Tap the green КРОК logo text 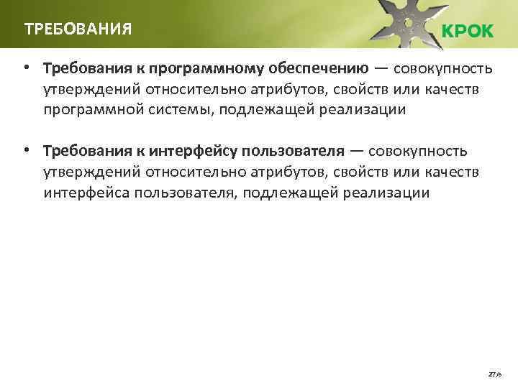pyautogui.click(x=468, y=32)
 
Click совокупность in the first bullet pyautogui.click(x=443, y=69)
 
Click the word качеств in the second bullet pyautogui.click(x=452, y=172)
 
